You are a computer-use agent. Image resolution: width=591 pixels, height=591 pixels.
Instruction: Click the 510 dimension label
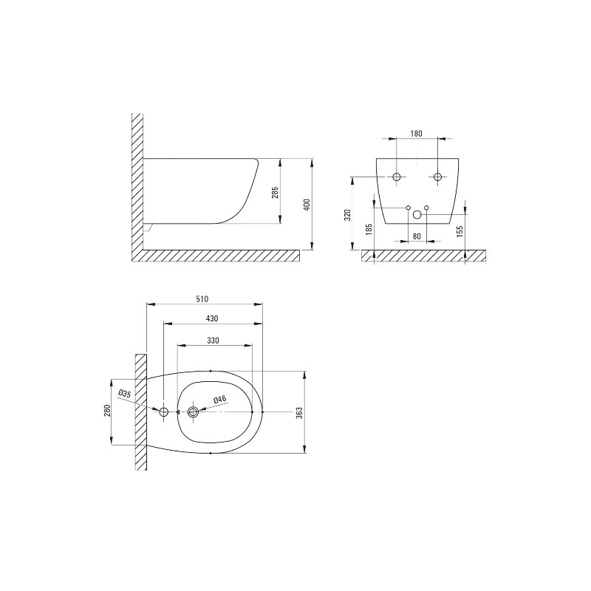pos(202,299)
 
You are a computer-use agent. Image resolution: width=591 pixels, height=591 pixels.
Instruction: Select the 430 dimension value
pos(212,318)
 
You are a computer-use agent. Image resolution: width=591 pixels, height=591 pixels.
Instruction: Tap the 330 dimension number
pos(213,341)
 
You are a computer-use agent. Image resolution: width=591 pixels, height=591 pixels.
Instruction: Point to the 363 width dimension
pos(299,413)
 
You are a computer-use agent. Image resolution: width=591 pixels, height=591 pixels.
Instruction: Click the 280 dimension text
pos(107,411)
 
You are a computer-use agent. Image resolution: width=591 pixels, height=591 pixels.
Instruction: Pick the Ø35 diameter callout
pos(124,394)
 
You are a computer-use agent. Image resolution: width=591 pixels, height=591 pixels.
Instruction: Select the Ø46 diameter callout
pos(219,399)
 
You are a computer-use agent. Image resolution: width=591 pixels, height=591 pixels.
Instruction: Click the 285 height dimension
pos(275,193)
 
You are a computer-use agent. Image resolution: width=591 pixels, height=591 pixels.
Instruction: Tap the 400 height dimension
pos(307,205)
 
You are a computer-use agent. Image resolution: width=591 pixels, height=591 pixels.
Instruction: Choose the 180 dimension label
pos(416,134)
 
